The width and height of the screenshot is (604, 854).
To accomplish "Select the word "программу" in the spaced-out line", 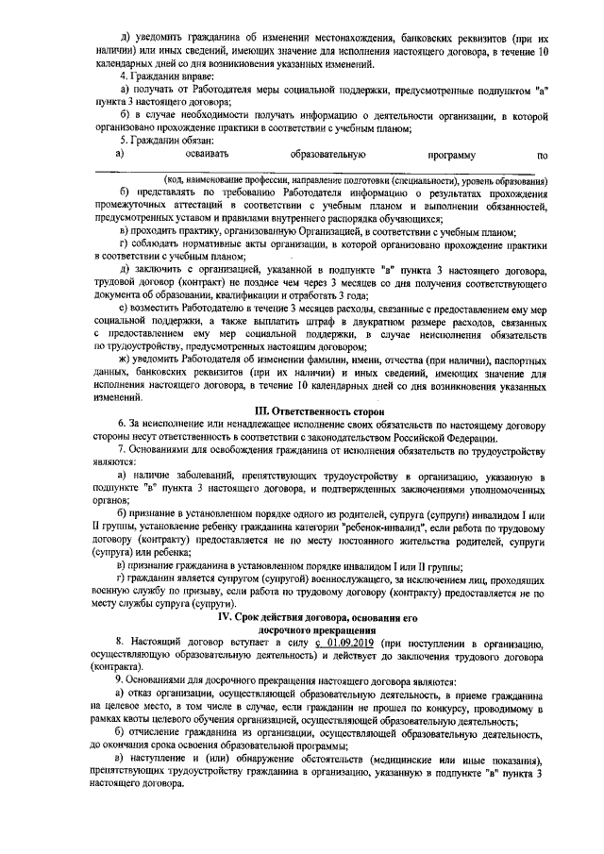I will coord(451,153).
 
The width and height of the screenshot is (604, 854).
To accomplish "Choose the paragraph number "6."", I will coord(119,452).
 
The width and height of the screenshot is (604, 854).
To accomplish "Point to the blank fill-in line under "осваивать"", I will coord(321,171).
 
